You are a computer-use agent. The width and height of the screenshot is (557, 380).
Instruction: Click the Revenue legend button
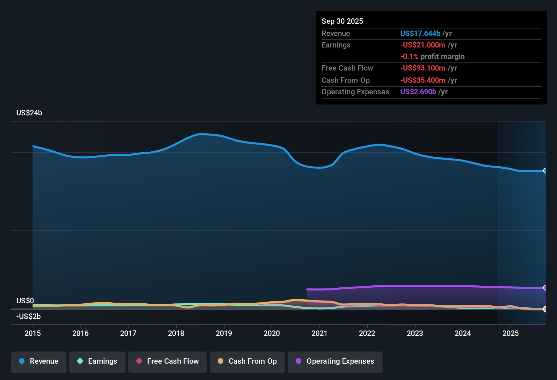pos(39,361)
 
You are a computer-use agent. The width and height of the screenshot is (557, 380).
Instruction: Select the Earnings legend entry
pos(97,361)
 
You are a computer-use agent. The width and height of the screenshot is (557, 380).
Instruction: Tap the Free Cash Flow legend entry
pos(168,361)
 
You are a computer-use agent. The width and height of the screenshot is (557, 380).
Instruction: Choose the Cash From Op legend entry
pos(247,361)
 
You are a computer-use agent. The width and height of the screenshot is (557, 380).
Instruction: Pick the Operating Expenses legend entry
pos(335,361)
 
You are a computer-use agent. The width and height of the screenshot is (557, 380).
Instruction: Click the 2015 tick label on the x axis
pos(33,333)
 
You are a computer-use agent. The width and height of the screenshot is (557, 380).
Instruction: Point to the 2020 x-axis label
pos(272,333)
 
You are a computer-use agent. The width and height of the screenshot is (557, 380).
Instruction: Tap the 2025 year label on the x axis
pos(511,333)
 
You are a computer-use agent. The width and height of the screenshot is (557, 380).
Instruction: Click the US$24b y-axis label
pos(29,113)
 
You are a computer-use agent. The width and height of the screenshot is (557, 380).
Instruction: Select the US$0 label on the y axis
pos(25,301)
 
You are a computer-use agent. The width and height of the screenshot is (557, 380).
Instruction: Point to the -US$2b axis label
pos(28,317)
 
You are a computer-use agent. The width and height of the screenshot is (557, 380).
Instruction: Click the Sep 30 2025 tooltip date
pos(342,21)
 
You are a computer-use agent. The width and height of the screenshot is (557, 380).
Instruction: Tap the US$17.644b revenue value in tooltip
pos(420,34)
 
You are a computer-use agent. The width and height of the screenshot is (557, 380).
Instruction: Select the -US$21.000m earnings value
pos(423,45)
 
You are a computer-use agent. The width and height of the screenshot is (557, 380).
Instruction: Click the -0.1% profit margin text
pos(432,57)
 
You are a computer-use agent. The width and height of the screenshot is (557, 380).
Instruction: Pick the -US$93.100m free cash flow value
pos(423,68)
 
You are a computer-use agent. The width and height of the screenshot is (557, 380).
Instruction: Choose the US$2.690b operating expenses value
pos(418,92)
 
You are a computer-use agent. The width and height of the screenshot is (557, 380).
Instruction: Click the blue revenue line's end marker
pos(545,171)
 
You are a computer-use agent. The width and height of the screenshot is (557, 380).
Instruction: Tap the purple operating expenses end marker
pos(545,288)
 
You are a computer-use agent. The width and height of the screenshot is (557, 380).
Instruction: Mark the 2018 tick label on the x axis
pos(176,333)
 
